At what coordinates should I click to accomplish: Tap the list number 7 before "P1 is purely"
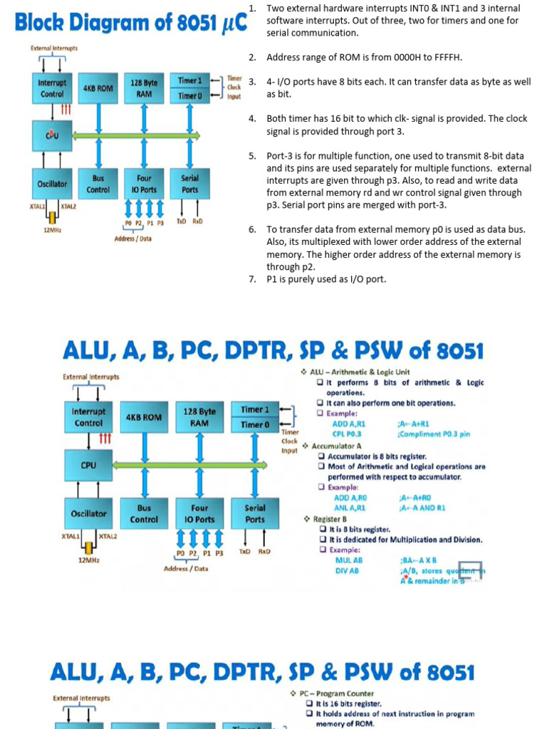click(252, 279)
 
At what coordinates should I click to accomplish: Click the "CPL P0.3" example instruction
click(347, 434)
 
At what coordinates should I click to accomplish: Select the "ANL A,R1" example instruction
click(350, 508)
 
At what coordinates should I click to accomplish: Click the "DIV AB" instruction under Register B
click(347, 571)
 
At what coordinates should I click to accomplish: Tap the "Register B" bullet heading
click(330, 519)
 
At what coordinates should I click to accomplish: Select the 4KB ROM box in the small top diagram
click(98, 88)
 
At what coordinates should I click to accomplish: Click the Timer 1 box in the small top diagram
click(190, 81)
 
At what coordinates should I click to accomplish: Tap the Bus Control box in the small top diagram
click(98, 184)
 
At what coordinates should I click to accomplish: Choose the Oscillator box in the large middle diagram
click(88, 513)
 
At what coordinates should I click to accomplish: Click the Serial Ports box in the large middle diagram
click(255, 513)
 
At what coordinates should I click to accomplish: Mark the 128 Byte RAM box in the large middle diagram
click(199, 417)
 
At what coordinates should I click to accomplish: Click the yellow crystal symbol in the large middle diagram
click(88, 547)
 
